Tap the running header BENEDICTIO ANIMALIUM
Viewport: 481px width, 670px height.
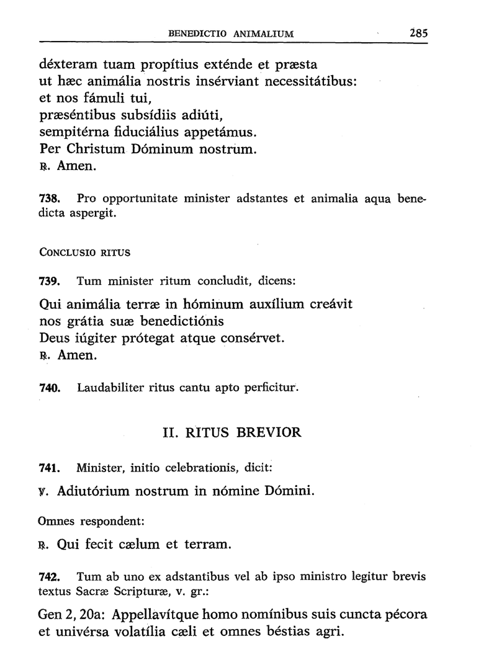coord(231,33)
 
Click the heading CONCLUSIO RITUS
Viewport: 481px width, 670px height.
coord(84,252)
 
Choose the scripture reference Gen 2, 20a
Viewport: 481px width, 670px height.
coord(71,615)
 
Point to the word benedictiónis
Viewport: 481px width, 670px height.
coord(182,322)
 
